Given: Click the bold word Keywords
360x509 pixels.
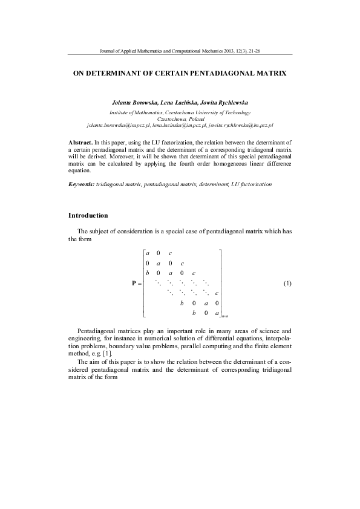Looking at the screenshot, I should [81, 183].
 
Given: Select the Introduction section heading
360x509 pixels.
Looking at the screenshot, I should [88, 215].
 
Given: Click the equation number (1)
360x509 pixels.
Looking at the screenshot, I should [287, 284].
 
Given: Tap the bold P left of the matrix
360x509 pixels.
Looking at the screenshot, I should [134, 284].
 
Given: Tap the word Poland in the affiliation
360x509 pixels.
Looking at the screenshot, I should [198, 118].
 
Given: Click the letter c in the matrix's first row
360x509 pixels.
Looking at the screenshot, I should [171, 253].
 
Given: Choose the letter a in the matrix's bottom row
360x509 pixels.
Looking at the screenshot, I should [217, 313].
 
